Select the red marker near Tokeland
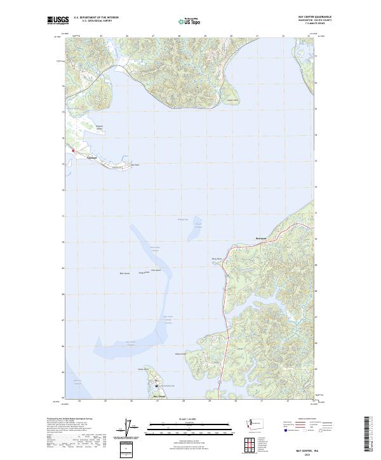click(73, 151)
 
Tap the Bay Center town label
click(160, 397)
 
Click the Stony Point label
click(217, 259)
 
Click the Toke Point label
click(134, 166)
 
